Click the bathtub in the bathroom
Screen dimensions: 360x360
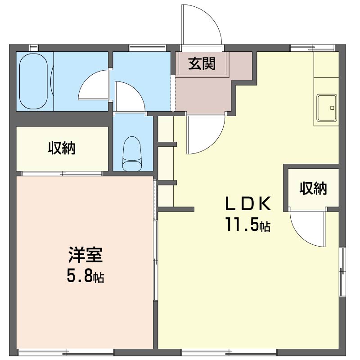34,81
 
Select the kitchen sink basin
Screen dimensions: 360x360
327,108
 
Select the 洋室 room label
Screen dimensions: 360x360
85,255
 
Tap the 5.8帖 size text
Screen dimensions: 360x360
85,276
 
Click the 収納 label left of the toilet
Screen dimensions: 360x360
62,148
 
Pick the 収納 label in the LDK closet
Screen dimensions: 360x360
314,189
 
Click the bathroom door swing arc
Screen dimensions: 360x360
94,85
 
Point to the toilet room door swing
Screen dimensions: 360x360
130,95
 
